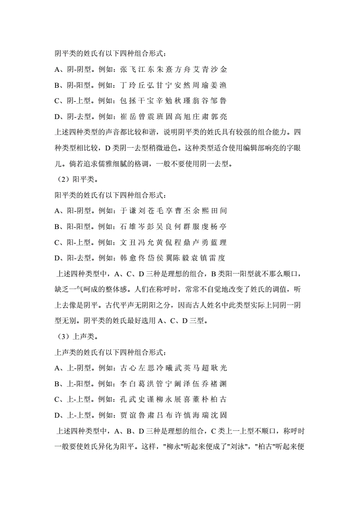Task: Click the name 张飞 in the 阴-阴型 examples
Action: tap(126, 70)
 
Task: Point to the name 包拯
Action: tap(126, 101)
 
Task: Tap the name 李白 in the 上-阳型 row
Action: tap(126, 384)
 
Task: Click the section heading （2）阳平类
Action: tap(75, 180)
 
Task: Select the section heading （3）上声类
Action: tap(75, 337)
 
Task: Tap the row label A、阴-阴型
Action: tap(72, 70)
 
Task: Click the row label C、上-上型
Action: tap(72, 399)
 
